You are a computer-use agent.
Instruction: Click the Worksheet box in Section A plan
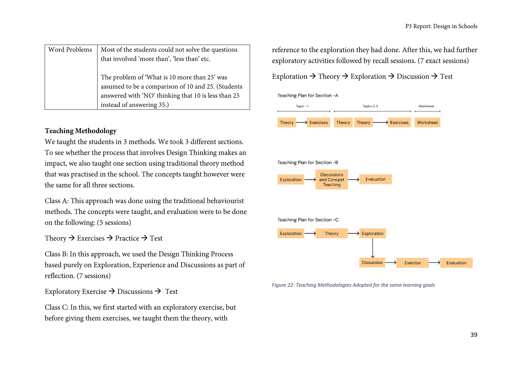pos(427,122)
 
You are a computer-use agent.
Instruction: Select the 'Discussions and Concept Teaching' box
pos(331,180)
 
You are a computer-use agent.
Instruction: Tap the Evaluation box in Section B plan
pos(375,179)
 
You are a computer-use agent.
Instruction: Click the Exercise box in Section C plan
pos(412,263)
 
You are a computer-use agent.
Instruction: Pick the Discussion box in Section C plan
pos(372,263)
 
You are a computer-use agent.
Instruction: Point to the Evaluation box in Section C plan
pos(456,263)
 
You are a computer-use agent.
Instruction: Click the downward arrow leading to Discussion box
pos(373,248)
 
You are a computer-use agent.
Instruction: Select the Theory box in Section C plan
pos(331,233)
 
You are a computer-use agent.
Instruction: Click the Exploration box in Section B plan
pos(291,180)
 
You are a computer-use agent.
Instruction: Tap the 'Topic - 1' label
pos(302,106)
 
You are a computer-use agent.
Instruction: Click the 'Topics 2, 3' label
pos(370,106)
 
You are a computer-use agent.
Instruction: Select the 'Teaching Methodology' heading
pos(80,131)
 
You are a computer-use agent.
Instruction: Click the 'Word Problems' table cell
pos(70,50)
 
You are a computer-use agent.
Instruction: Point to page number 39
pos(474,335)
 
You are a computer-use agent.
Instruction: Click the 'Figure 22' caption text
pos(353,285)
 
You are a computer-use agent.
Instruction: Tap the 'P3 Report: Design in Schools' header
pos(441,26)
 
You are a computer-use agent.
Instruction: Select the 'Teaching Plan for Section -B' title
pos(308,163)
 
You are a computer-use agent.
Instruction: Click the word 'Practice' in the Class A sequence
pos(127,238)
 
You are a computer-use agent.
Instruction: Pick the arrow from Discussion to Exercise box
pos(391,263)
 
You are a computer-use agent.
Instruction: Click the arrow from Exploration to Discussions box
pos(310,180)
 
